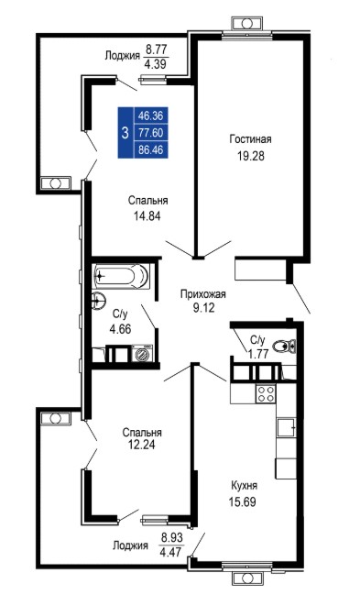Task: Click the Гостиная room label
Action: tap(250, 138)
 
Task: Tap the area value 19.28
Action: tap(250, 156)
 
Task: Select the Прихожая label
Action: tap(203, 294)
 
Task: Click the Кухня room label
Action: tap(245, 485)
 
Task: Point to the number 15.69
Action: tap(242, 502)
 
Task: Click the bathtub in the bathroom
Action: tap(121, 276)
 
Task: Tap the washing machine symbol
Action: tap(142, 354)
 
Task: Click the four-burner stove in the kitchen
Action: tap(266, 393)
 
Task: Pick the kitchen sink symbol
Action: tap(287, 427)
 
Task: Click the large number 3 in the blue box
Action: tap(125, 133)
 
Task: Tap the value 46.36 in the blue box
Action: tap(150, 116)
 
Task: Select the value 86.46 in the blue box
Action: tap(150, 149)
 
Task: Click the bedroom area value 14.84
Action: tap(147, 216)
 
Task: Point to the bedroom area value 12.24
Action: tap(141, 445)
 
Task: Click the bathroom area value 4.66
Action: tap(120, 329)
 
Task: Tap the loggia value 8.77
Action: tap(157, 50)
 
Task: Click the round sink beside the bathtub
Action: tap(98, 302)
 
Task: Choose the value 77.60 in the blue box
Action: tap(150, 133)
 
